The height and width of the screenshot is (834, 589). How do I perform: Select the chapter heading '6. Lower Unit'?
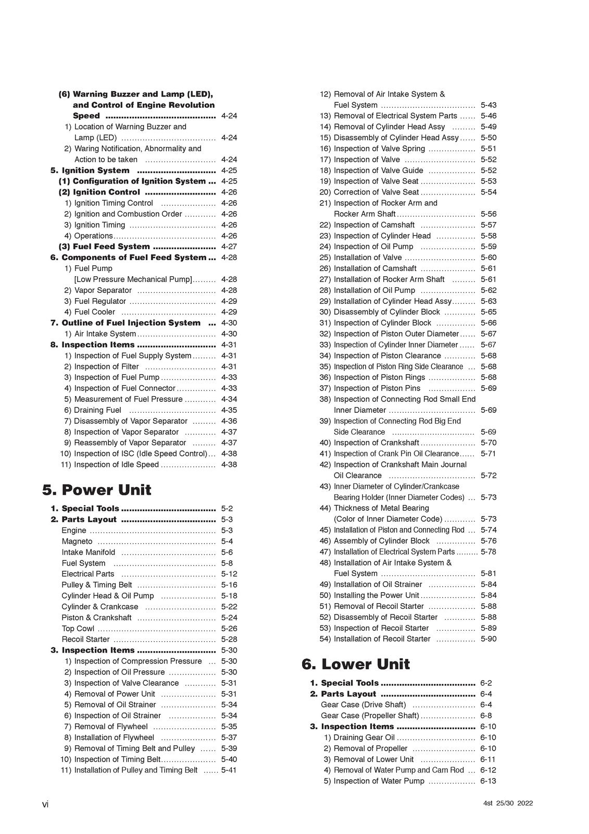[x=356, y=664]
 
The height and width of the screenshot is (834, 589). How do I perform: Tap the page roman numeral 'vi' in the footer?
[x=45, y=805]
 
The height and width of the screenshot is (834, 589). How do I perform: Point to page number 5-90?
[x=488, y=639]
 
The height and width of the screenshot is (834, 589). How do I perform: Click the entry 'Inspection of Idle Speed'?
[x=116, y=465]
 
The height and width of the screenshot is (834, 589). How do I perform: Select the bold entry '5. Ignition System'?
[x=90, y=170]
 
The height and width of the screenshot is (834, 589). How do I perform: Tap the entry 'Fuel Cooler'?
[x=95, y=312]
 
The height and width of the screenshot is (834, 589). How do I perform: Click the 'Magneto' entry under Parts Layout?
[x=77, y=542]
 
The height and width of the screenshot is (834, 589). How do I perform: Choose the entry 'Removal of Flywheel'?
[x=111, y=727]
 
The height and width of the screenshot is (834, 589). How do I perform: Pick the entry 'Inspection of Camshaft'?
[x=374, y=225]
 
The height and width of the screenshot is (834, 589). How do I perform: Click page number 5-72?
[x=488, y=476]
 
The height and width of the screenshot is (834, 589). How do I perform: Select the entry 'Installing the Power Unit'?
[x=376, y=595]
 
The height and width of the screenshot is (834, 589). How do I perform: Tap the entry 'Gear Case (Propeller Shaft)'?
[x=370, y=716]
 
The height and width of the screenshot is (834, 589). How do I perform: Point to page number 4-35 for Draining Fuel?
[x=229, y=410]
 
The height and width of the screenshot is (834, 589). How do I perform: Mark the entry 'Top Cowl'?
[x=78, y=629]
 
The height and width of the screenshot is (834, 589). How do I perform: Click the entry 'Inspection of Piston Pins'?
[x=377, y=388]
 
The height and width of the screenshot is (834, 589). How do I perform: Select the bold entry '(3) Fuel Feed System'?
[x=111, y=247]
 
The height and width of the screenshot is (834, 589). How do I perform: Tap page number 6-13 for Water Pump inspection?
[x=488, y=781]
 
